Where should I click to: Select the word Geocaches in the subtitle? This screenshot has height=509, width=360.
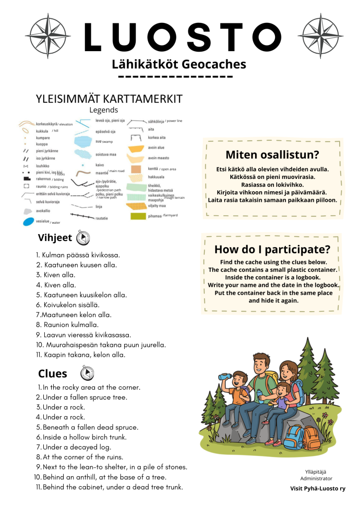click(214, 65)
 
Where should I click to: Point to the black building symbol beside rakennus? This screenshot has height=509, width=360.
click(27, 178)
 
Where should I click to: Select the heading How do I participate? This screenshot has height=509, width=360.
click(272, 249)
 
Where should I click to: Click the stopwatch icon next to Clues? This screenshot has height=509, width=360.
click(87, 373)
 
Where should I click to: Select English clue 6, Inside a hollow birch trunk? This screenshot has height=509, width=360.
click(84, 437)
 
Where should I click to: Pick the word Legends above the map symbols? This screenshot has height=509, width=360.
click(103, 110)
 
